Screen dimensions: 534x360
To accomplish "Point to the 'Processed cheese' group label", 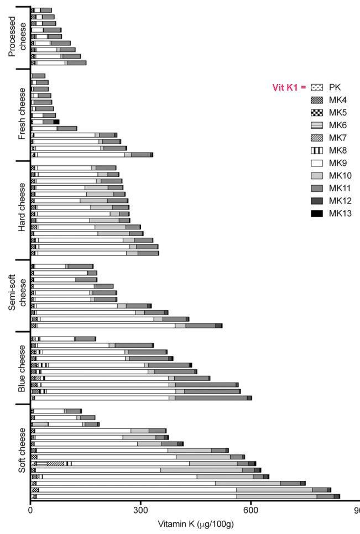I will coord(17,38).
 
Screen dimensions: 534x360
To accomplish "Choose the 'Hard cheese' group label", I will coord(22,210).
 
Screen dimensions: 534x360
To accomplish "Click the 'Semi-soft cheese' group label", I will coord(17,295).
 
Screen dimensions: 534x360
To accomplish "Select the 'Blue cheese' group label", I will coord(22,368).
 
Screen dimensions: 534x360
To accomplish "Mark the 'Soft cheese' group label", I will coord(22,452).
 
